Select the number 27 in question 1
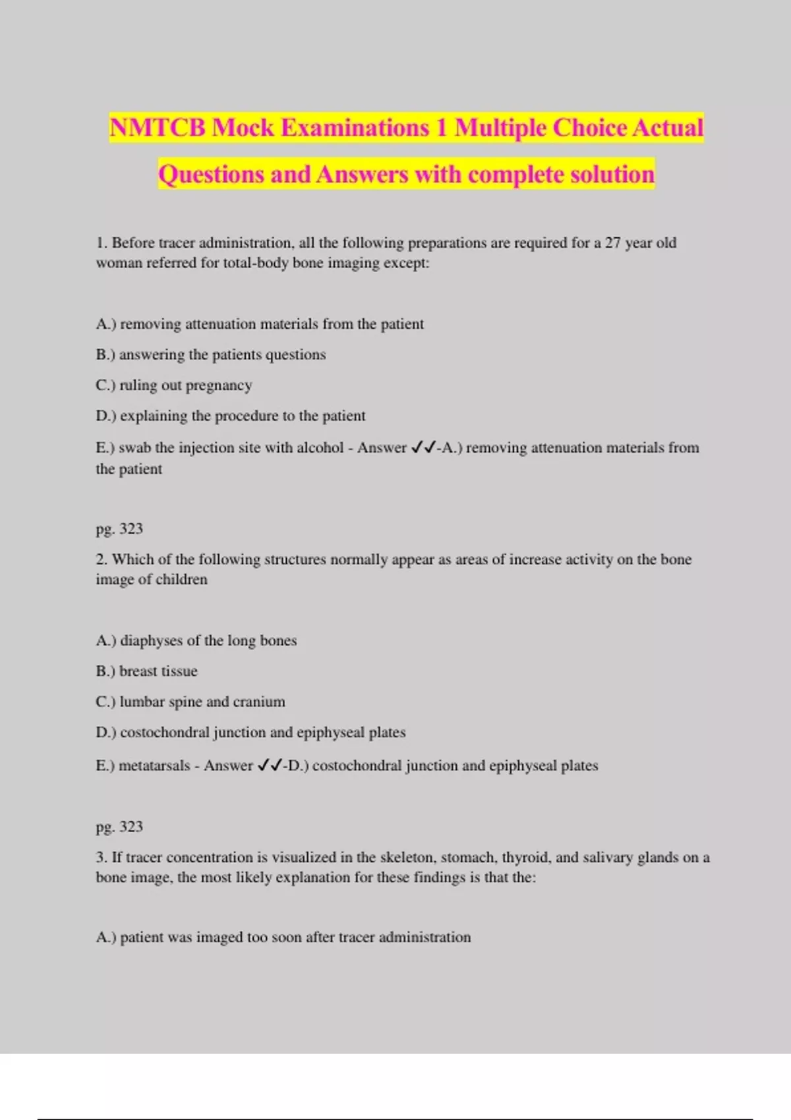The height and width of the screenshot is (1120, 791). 612,242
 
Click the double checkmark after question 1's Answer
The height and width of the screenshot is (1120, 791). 423,448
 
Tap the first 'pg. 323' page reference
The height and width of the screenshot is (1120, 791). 119,529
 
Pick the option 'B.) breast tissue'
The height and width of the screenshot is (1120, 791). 146,671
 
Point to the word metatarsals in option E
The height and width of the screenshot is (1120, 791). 154,766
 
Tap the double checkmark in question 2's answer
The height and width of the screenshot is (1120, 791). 270,766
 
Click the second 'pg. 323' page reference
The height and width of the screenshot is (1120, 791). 119,827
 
